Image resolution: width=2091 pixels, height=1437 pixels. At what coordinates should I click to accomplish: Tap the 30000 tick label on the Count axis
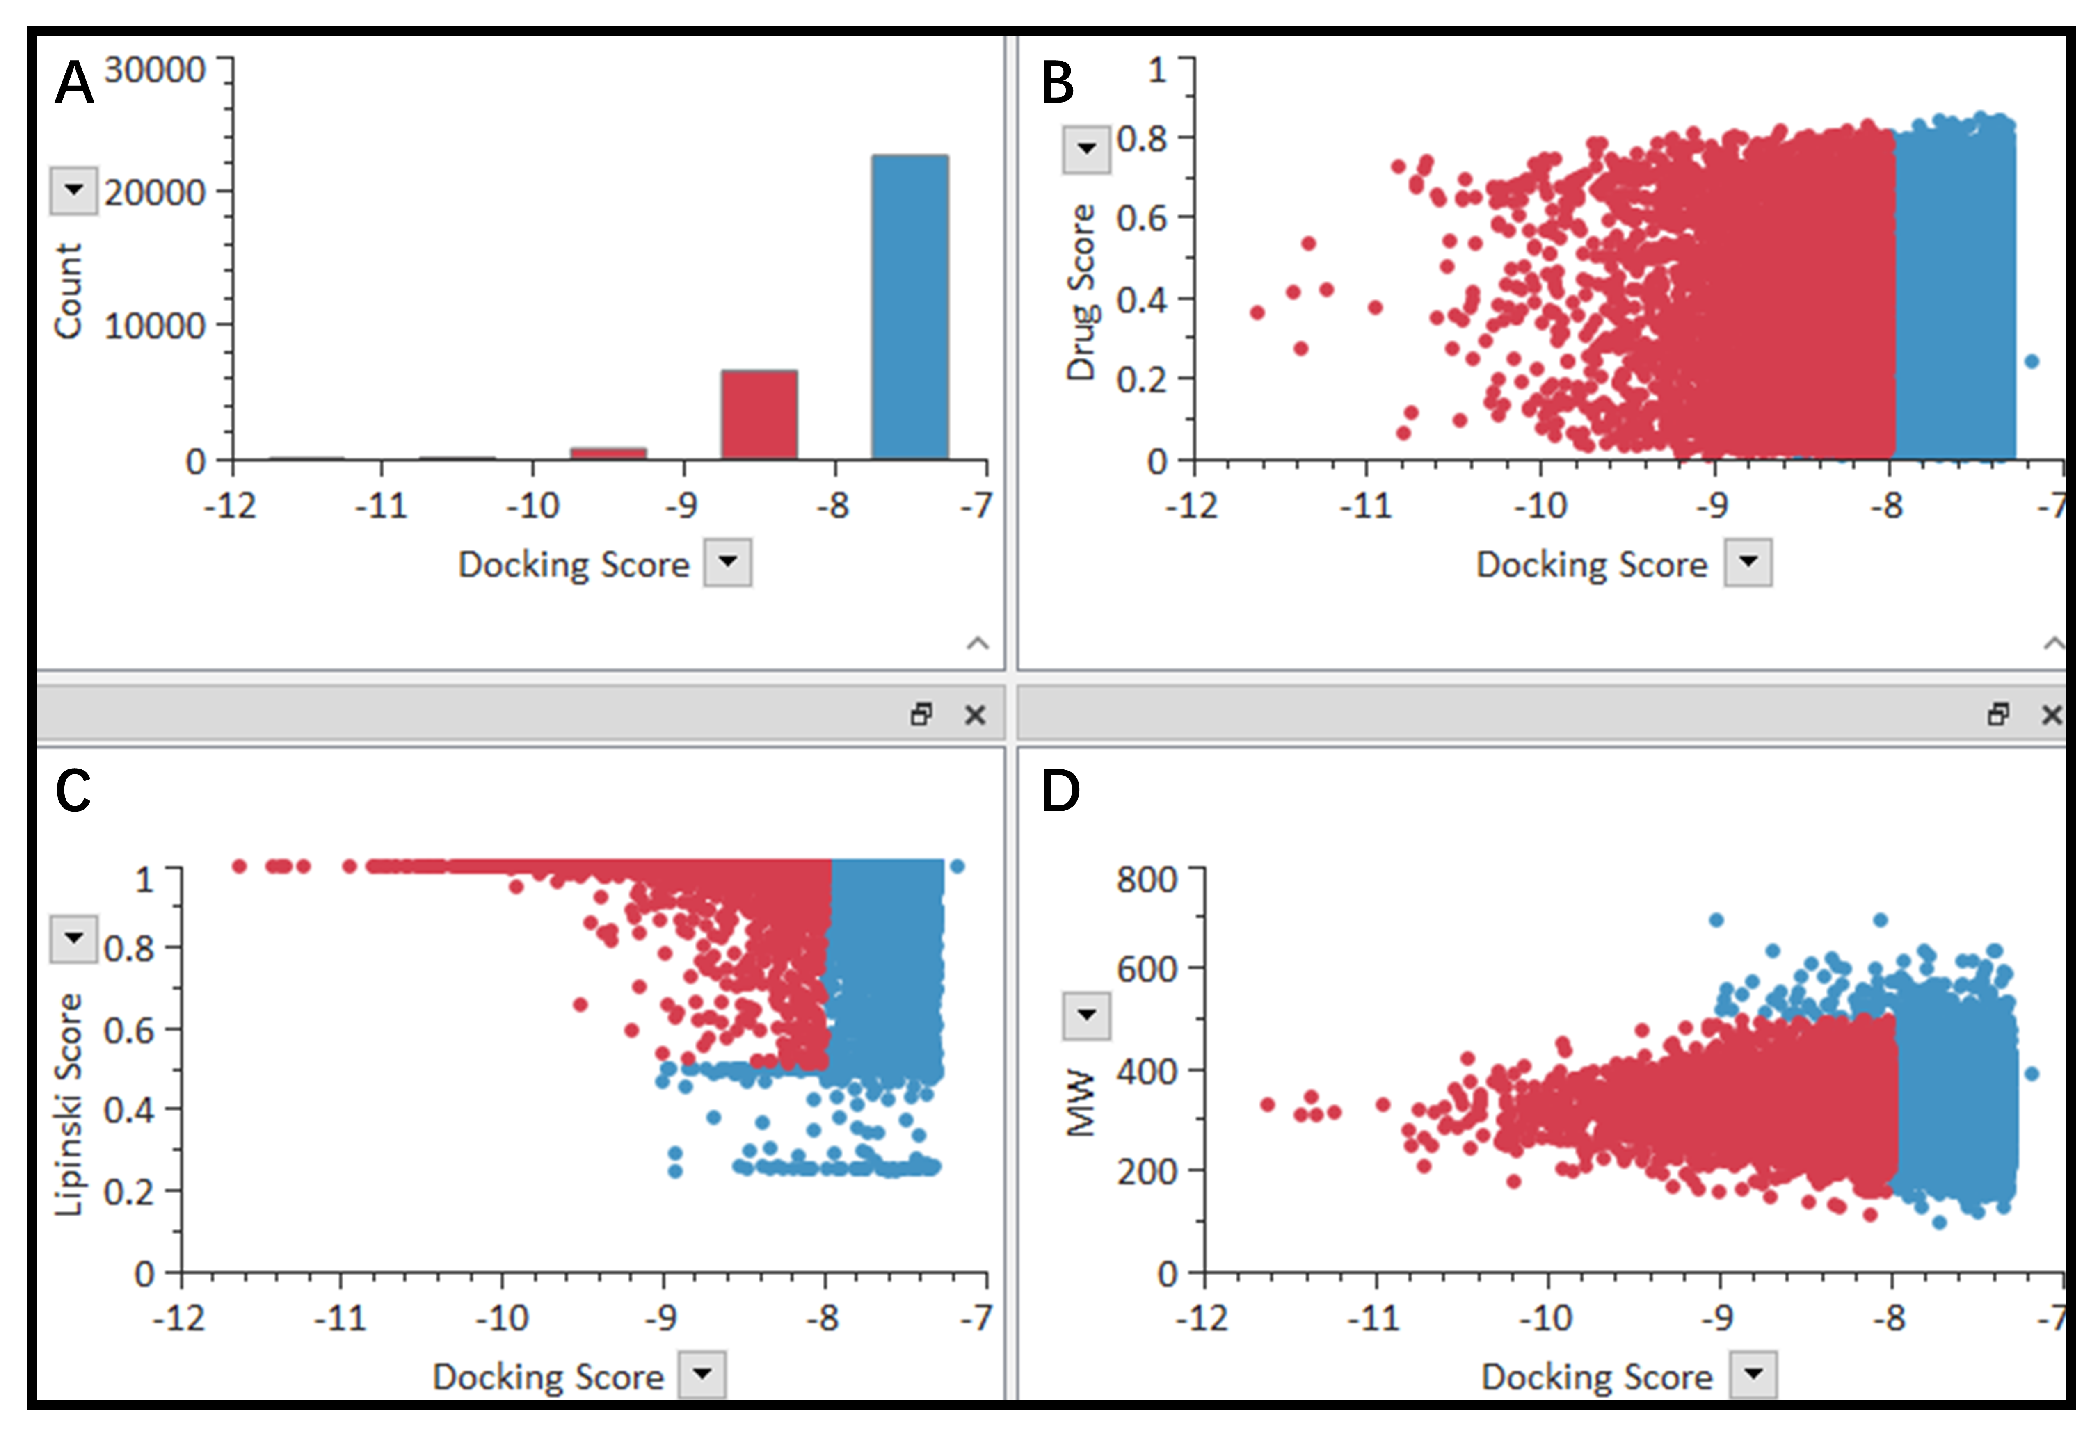coord(155,70)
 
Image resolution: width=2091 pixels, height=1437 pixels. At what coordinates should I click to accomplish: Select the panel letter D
coord(1060,791)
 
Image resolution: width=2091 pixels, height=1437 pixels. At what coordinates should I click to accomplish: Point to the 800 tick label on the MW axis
coord(1146,879)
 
